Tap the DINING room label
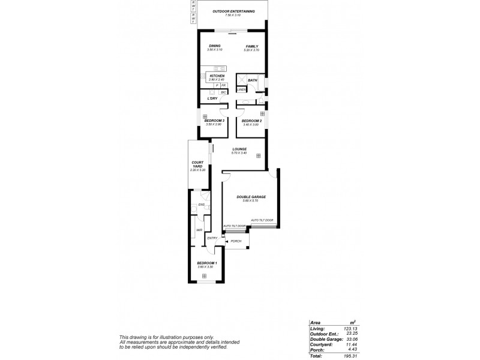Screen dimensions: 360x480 pyautogui.click(x=215, y=46)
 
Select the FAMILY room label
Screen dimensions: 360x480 pyautogui.click(x=251, y=46)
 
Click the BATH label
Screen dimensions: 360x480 pyautogui.click(x=253, y=80)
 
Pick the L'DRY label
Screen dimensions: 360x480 pyautogui.click(x=212, y=98)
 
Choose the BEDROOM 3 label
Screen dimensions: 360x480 pyautogui.click(x=214, y=121)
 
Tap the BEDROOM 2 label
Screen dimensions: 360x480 pyautogui.click(x=251, y=121)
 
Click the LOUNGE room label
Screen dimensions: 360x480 pyautogui.click(x=239, y=150)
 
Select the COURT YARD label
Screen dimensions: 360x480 pyautogui.click(x=197, y=164)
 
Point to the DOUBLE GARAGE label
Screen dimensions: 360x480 pyautogui.click(x=251, y=197)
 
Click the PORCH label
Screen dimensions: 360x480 pyautogui.click(x=236, y=241)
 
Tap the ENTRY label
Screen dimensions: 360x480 pyautogui.click(x=212, y=238)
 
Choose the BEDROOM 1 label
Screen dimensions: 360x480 pyautogui.click(x=207, y=263)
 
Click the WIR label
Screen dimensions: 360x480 pyautogui.click(x=198, y=230)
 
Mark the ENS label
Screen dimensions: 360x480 pyautogui.click(x=202, y=205)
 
